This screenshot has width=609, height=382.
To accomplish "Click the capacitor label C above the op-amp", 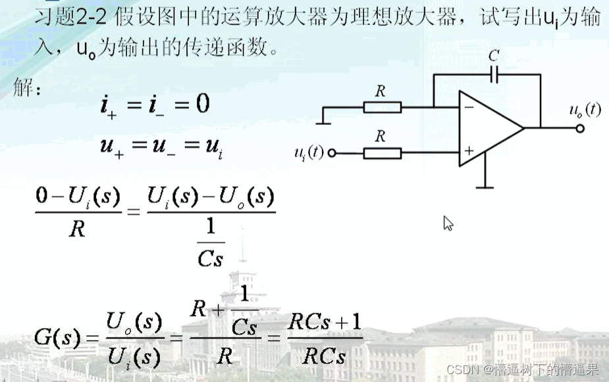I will [494, 56].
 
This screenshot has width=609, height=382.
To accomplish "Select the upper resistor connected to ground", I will [383, 107].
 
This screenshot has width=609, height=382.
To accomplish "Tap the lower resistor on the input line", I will [383, 153].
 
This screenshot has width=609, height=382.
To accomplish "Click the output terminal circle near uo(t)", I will [579, 128].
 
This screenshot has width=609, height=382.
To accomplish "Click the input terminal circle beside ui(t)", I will [332, 153].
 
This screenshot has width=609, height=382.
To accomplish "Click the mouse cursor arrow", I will [448, 224].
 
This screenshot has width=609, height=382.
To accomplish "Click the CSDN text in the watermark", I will [460, 370].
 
